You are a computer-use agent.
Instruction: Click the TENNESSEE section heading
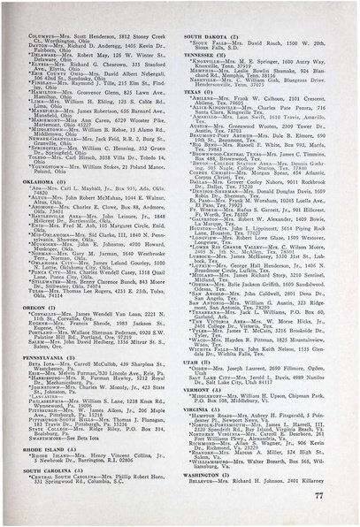pos(208,54)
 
